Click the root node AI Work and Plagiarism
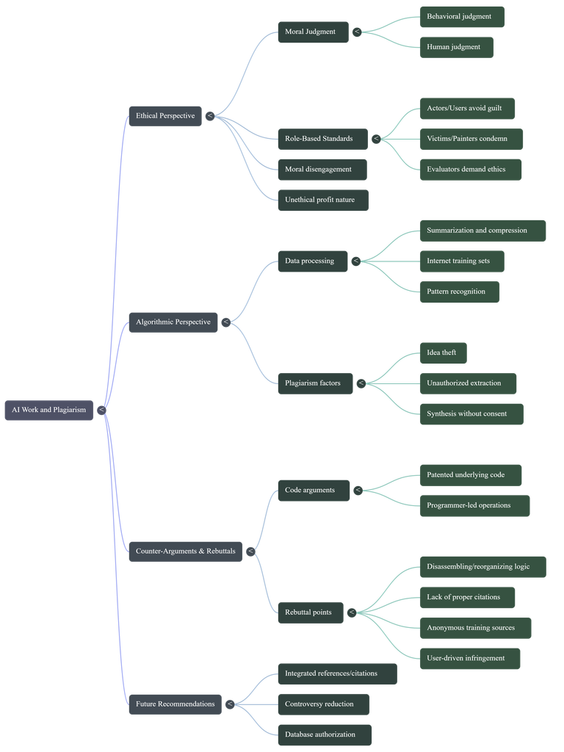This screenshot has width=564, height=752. [49, 410]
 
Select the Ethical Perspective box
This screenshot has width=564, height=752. [165, 116]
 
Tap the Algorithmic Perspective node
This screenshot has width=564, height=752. [173, 322]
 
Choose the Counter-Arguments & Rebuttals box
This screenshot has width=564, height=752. [186, 552]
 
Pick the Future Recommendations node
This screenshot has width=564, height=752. [175, 704]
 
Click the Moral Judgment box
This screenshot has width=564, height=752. [313, 32]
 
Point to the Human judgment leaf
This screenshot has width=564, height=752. [457, 48]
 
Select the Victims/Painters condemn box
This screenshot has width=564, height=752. [471, 139]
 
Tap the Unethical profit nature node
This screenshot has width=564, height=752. [323, 200]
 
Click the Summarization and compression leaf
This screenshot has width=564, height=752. [483, 231]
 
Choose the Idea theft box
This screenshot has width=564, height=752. [443, 353]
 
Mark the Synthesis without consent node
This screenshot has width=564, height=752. [471, 414]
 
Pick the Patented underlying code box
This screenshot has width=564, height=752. [471, 475]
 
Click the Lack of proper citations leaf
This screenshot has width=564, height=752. [467, 598]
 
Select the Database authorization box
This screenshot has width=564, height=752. [325, 734]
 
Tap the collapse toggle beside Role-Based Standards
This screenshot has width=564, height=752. [376, 139]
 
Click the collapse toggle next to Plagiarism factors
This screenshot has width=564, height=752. [361, 383]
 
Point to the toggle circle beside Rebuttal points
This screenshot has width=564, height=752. [352, 612]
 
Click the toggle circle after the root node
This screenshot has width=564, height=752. [101, 410]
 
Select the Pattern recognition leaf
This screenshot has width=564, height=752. [460, 292]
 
